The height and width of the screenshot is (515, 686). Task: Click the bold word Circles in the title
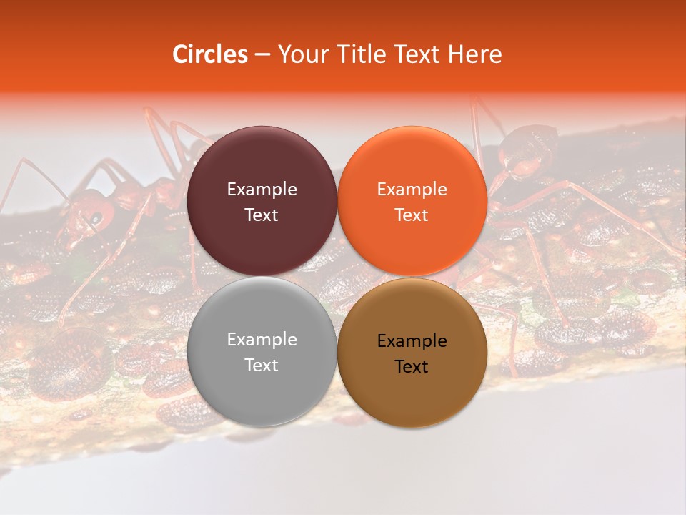pos(209,54)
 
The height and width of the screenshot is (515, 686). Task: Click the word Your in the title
pos(300,54)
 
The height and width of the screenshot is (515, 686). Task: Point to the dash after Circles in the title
pos(262,54)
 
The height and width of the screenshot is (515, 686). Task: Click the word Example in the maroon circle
pos(262,190)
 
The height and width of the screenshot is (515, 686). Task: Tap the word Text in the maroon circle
pos(262,215)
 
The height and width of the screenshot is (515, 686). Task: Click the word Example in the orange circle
pos(412,190)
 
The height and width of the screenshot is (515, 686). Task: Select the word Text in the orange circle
pos(412,215)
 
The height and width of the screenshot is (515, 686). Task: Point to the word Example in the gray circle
pos(262,340)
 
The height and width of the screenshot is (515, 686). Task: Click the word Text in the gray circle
pos(262,365)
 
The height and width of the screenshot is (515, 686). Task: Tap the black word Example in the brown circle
pos(412,341)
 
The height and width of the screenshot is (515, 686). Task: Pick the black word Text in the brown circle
pos(412,366)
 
